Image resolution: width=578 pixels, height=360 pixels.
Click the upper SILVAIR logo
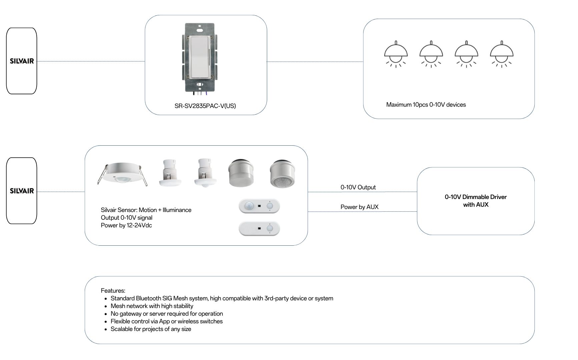click(22, 61)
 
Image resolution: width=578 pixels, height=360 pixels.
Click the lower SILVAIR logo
click(22, 191)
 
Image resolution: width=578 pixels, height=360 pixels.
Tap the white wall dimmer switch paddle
click(199, 57)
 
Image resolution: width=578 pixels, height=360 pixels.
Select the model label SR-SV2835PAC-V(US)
click(205, 106)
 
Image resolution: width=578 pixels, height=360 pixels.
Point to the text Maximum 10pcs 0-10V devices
click(426, 105)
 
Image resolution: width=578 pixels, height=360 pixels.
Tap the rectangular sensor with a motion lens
click(259, 206)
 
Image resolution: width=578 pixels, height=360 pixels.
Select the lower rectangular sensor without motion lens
click(259, 229)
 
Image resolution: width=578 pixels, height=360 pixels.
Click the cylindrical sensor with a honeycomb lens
click(283, 174)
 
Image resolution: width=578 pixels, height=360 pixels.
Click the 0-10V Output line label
click(358, 187)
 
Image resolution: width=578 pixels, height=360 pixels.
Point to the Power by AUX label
click(359, 207)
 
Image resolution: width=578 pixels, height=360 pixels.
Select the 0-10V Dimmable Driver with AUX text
click(476, 201)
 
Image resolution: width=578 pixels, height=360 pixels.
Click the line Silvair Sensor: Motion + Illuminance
click(146, 210)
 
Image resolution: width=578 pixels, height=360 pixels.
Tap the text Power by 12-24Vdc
click(126, 225)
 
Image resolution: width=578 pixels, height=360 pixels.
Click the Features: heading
click(113, 291)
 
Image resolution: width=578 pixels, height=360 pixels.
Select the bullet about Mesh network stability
click(152, 306)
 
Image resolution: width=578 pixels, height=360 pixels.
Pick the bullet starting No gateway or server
click(167, 314)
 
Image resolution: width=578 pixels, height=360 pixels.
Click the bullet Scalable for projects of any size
click(151, 329)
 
